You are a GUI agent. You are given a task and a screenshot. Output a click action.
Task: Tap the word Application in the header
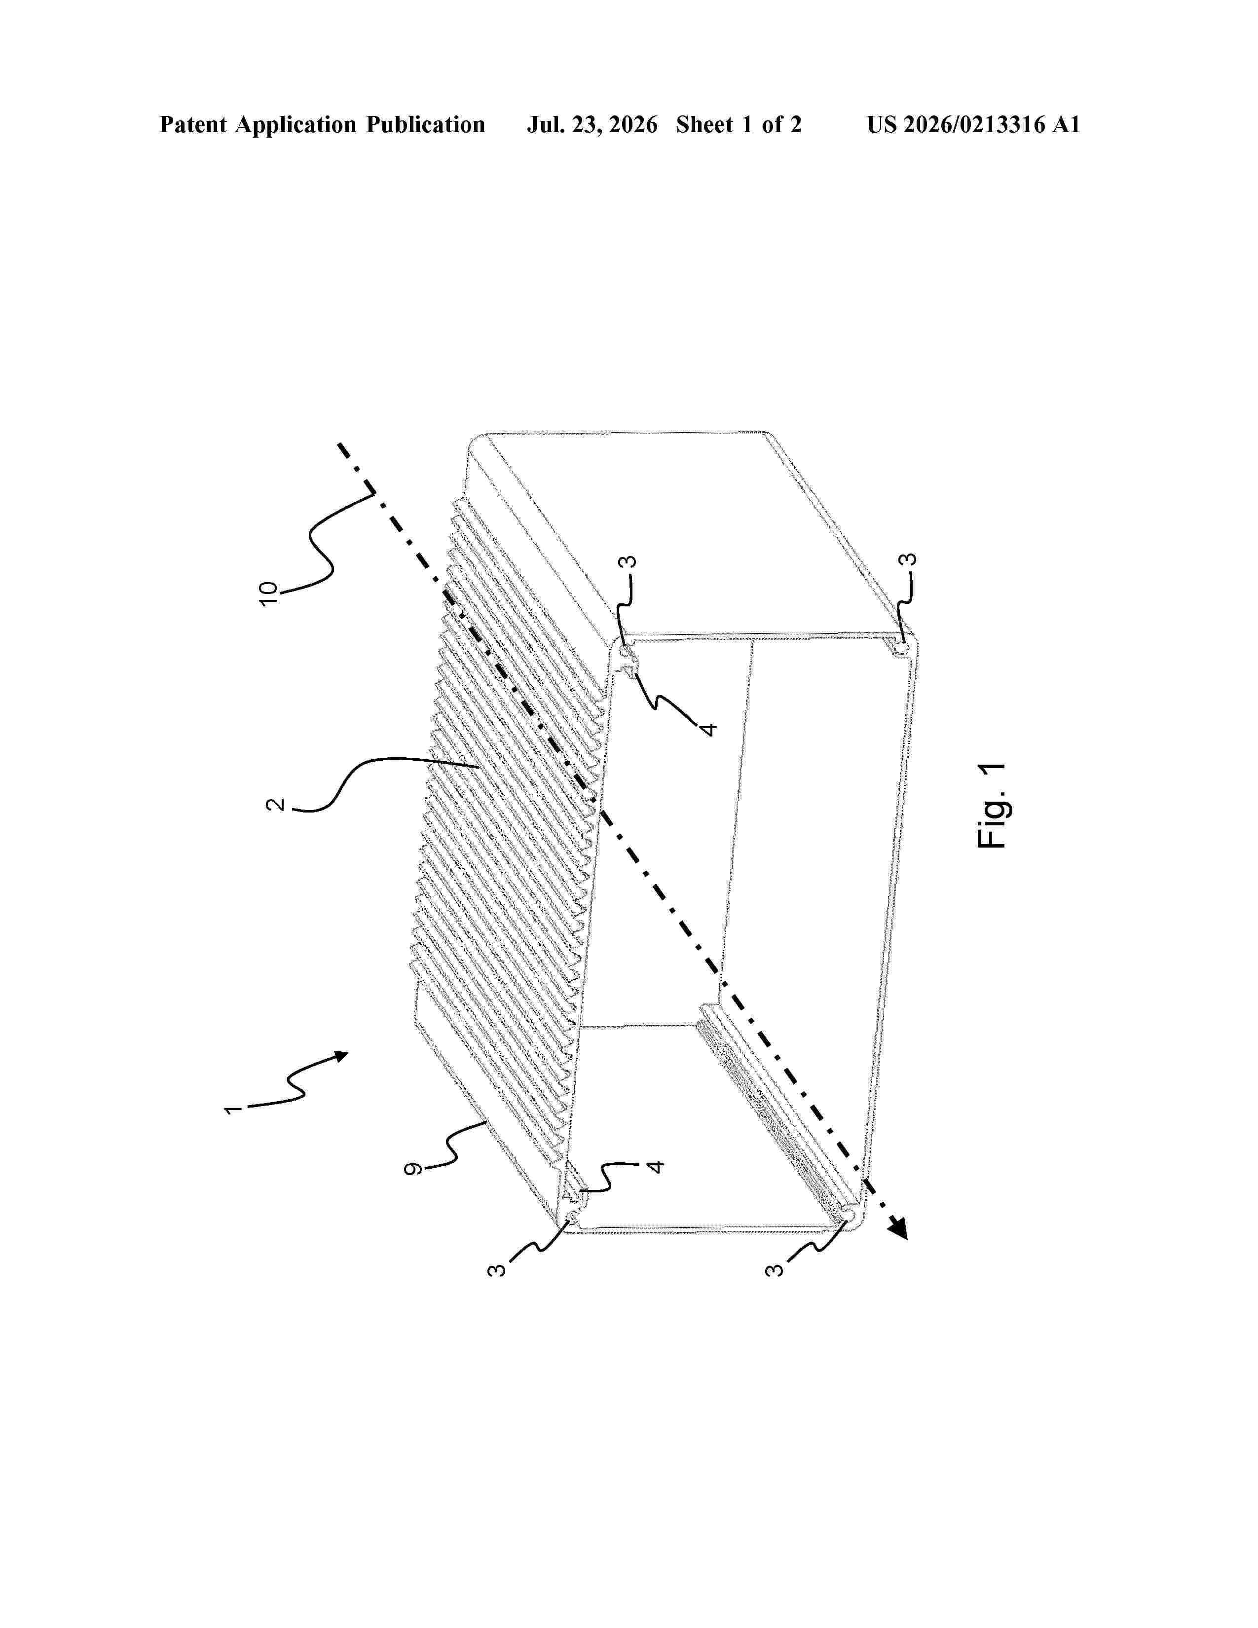[x=296, y=125]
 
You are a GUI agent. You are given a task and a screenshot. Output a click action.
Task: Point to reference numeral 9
[x=411, y=1169]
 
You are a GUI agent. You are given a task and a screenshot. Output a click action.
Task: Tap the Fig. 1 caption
[x=991, y=805]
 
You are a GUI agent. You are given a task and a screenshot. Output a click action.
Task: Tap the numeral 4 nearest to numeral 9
[x=655, y=1165]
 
